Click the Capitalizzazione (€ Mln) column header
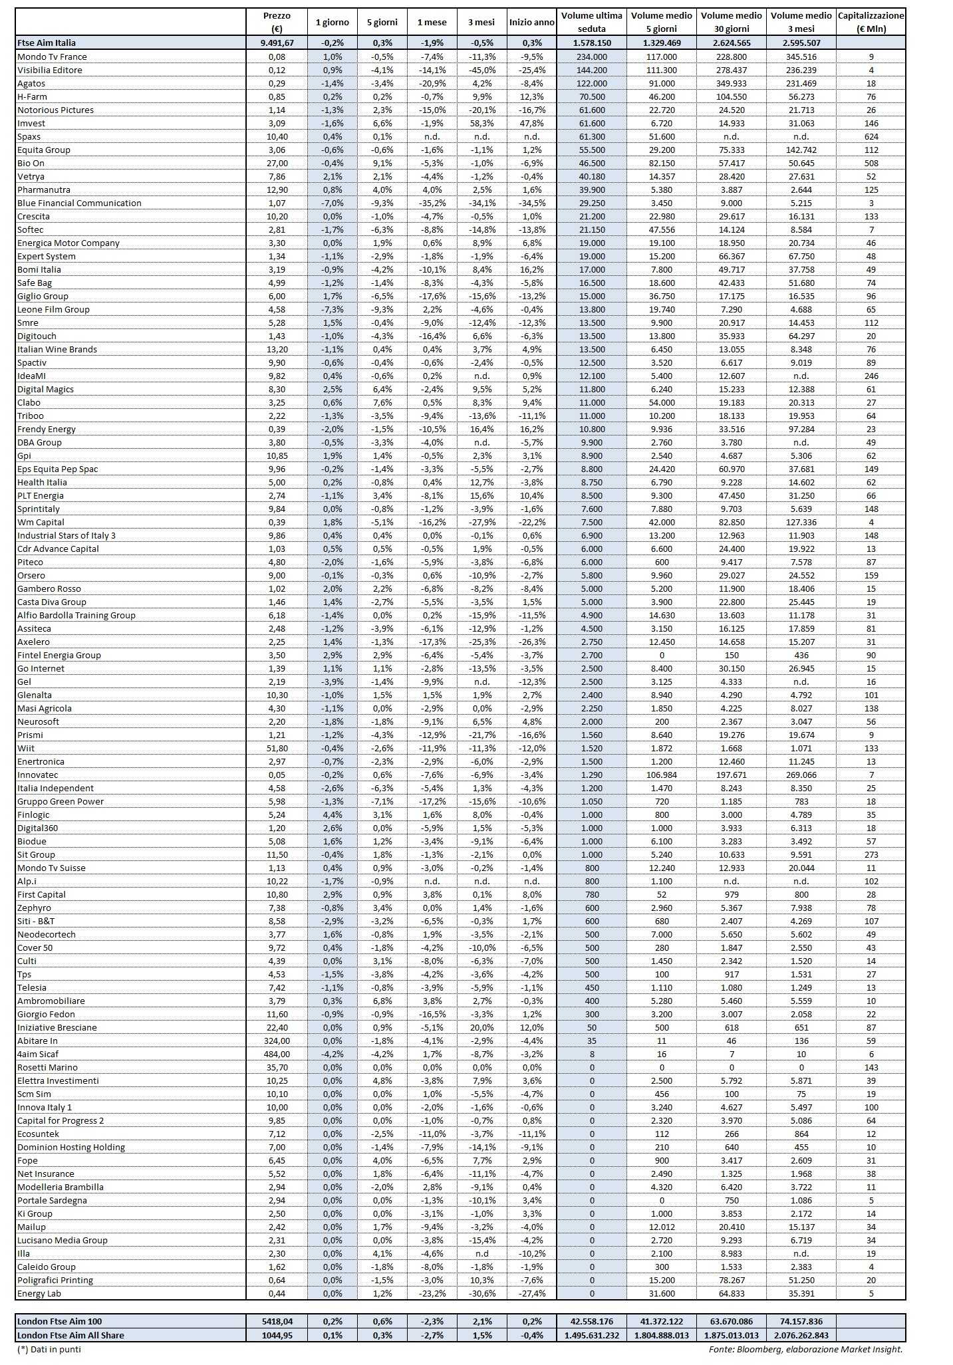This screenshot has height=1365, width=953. tap(871, 22)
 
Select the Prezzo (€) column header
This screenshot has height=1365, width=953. tap(277, 22)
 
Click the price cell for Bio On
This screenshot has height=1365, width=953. tap(277, 163)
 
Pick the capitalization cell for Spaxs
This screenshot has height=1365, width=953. tap(871, 136)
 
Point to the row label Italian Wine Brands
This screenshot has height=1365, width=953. tap(57, 349)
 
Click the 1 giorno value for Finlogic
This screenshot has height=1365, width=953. tap(332, 814)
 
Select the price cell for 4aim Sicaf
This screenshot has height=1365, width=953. tap(277, 1054)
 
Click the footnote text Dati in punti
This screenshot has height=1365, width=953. tap(49, 1349)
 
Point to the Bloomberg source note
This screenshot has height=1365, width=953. tap(805, 1349)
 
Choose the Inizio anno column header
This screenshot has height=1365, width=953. tap(531, 22)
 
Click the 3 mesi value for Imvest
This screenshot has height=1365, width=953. tap(481, 123)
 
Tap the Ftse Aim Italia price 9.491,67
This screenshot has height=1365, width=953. tap(277, 43)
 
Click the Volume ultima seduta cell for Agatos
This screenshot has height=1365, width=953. tap(591, 83)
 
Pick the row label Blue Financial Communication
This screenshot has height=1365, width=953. tap(79, 203)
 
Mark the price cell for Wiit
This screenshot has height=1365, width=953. tap(277, 748)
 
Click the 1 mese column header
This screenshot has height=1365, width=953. tap(432, 22)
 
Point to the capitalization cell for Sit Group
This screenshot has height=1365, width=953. tap(871, 854)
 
